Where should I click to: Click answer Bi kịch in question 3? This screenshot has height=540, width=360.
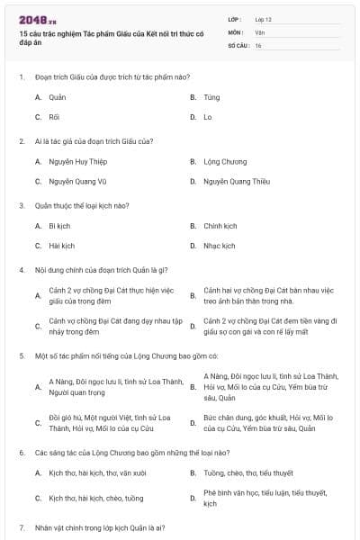(x=59, y=226)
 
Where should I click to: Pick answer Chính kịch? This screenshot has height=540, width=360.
(x=220, y=226)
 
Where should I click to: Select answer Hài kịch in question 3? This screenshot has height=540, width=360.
(x=61, y=246)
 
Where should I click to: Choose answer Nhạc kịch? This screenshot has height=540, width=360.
(x=219, y=246)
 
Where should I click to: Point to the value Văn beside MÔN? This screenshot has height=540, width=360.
(x=260, y=31)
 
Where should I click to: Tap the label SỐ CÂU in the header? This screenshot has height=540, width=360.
(x=238, y=45)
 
